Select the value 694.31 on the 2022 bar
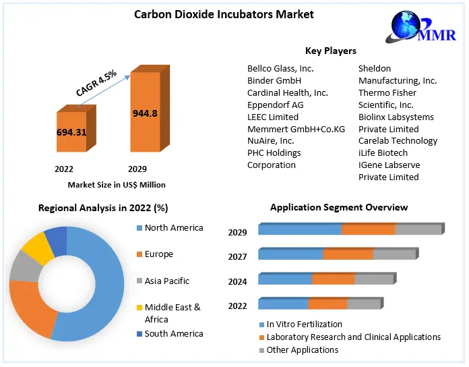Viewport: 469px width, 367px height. click(x=71, y=132)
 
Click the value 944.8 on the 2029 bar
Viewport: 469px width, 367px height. click(x=145, y=113)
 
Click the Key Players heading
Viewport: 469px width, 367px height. click(x=330, y=51)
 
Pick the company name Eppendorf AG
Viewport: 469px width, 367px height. click(x=275, y=105)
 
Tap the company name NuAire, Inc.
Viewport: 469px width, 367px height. click(x=270, y=140)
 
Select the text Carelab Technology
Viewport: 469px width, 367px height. click(x=398, y=140)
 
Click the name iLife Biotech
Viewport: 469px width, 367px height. click(x=384, y=152)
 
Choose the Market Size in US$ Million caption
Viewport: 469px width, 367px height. click(x=117, y=184)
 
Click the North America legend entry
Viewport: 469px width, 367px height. click(x=173, y=228)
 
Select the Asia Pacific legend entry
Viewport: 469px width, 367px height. click(x=166, y=281)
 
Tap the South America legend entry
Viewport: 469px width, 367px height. click(x=173, y=333)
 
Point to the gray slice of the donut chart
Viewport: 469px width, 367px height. click(x=25, y=268)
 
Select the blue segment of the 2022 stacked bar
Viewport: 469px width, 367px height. click(x=283, y=304)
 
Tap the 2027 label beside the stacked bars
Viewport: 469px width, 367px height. click(x=237, y=256)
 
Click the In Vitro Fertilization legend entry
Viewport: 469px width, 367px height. click(x=304, y=324)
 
